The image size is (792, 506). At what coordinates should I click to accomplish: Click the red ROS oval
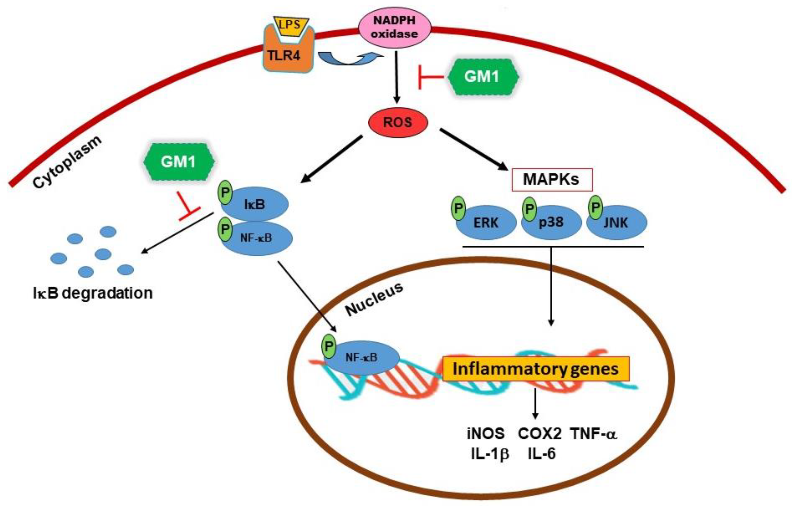click(397, 122)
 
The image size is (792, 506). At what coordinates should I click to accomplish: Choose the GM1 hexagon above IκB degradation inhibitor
click(178, 162)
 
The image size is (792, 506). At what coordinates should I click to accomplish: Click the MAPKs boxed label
click(552, 180)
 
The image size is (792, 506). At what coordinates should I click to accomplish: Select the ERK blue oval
click(486, 223)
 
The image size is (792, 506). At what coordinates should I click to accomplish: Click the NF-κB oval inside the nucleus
click(362, 358)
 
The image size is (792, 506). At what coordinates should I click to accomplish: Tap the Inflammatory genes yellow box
click(535, 369)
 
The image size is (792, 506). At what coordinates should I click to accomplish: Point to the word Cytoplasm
click(68, 163)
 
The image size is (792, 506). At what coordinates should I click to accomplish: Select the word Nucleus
click(374, 299)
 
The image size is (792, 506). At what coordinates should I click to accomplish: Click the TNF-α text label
click(594, 434)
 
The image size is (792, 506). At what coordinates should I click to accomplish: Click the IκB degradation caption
click(93, 293)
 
